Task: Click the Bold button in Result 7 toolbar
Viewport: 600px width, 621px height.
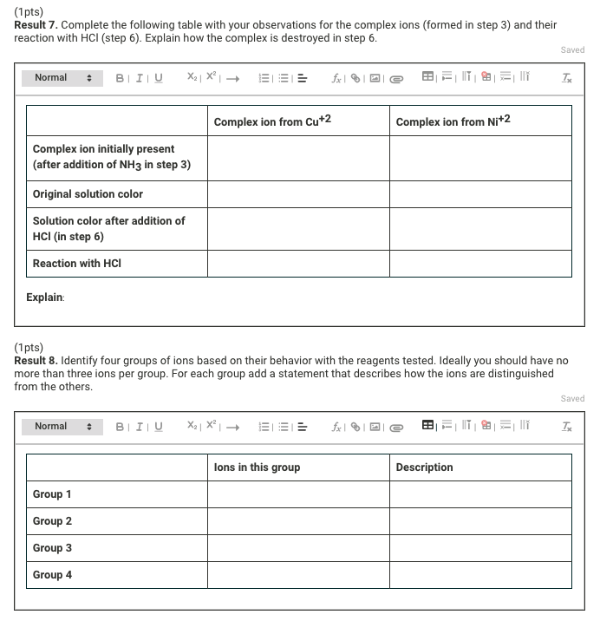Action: (x=120, y=78)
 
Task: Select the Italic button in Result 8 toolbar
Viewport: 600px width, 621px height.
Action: (x=139, y=427)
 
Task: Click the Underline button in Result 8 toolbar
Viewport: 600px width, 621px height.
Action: (x=158, y=427)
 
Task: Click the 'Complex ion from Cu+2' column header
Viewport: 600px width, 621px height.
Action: (x=272, y=121)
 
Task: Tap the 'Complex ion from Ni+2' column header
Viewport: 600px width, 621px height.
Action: (x=453, y=121)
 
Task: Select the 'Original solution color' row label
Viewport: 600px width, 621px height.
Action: (x=88, y=194)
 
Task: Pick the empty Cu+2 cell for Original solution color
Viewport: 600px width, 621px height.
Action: (x=298, y=194)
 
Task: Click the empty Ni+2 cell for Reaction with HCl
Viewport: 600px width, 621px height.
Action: (x=480, y=264)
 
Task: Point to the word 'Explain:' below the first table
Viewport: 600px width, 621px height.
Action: (x=45, y=297)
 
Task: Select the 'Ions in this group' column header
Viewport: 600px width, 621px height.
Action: (x=257, y=467)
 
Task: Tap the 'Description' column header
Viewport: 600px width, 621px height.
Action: (x=424, y=467)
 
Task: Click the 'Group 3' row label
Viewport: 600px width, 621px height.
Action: (x=52, y=548)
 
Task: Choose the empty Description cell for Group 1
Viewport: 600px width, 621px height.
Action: (x=480, y=494)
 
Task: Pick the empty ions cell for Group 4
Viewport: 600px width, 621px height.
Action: (x=298, y=575)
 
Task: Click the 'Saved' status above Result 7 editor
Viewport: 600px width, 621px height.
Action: (x=572, y=50)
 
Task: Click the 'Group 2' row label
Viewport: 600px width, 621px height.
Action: (x=52, y=521)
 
